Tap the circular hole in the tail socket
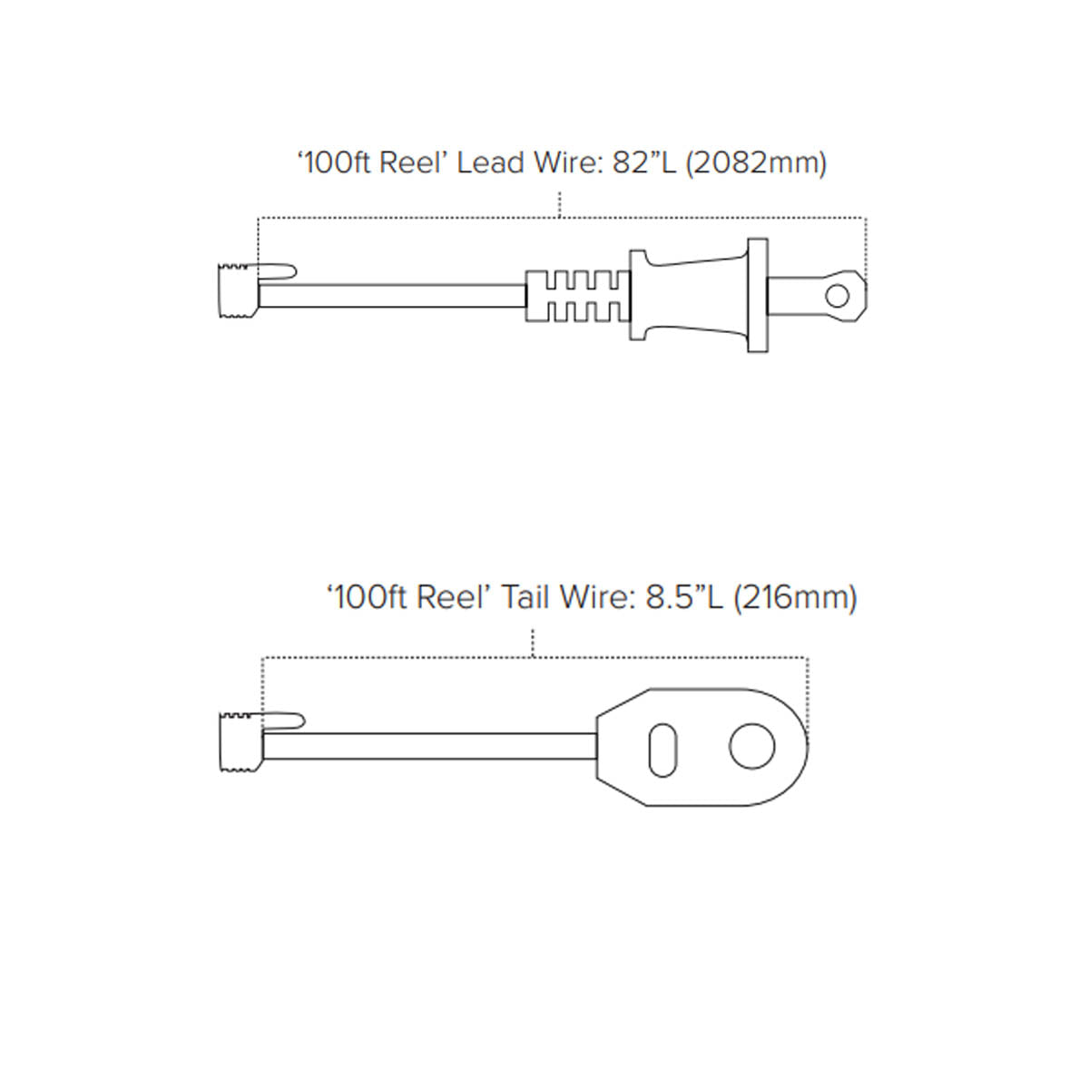(751, 747)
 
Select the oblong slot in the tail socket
(662, 750)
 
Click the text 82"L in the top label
(643, 162)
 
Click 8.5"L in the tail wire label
(684, 597)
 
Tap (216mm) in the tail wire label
(795, 598)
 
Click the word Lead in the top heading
(490, 162)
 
